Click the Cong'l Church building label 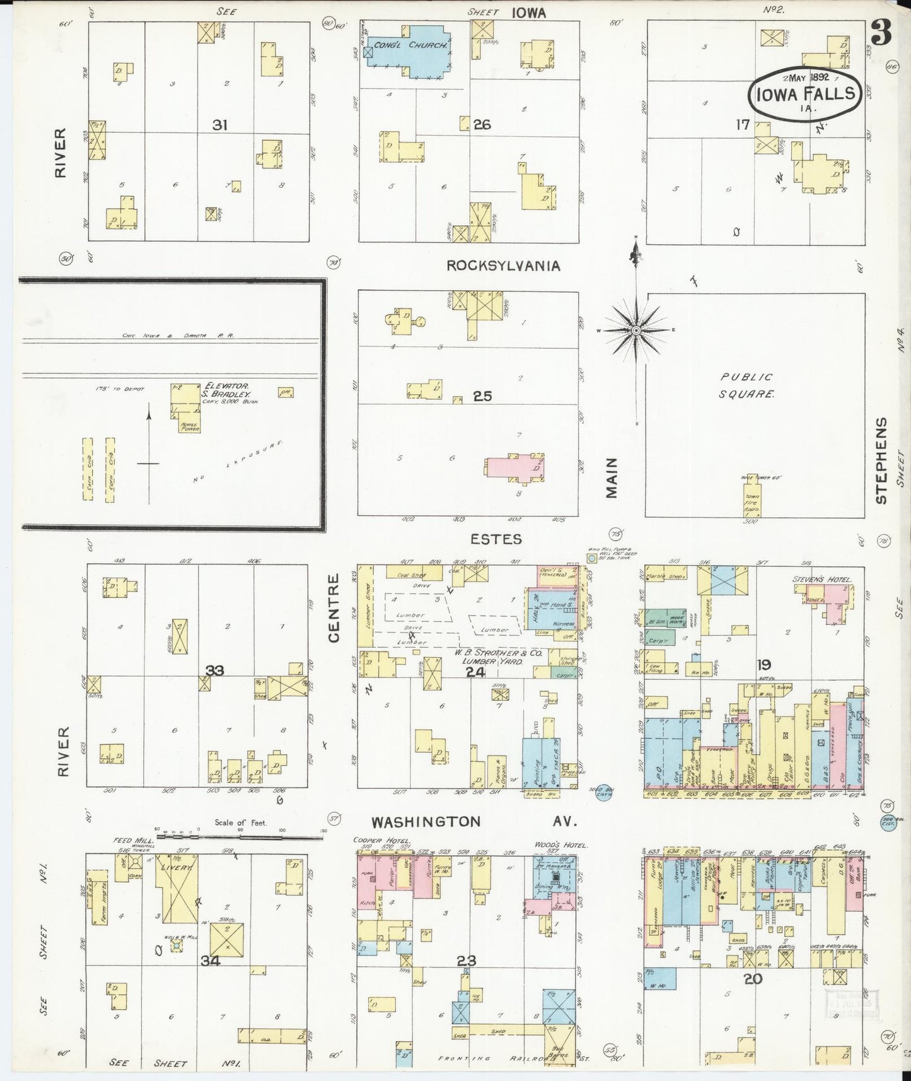(410, 45)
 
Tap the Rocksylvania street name (503, 266)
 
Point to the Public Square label (747, 385)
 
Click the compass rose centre (636, 330)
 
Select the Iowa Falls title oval (804, 93)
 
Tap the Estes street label (496, 539)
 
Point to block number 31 (219, 126)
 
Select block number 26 (482, 125)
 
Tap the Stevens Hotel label (821, 579)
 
